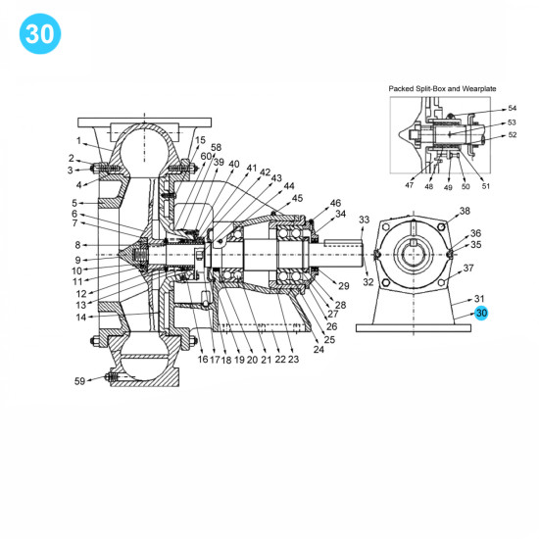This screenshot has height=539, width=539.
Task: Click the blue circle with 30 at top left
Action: coord(39,34)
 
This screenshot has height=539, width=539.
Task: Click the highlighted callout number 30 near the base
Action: coord(480,314)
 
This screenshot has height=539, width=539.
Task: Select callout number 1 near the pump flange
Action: coord(80,140)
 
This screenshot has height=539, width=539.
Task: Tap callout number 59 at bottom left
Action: coord(80,380)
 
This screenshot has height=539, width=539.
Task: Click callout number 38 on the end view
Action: coord(465,211)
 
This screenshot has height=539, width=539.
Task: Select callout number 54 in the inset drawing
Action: coord(511,109)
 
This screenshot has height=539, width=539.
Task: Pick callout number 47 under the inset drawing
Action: coord(409,185)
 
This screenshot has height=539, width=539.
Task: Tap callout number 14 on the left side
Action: coord(80,317)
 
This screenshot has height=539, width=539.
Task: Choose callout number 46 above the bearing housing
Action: coord(335,202)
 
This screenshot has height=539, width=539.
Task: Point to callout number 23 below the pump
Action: coord(293,360)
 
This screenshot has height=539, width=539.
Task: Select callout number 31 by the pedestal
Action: coord(479,298)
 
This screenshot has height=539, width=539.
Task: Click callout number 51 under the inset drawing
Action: coord(486,185)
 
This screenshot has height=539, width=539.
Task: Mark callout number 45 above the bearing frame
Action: coord(298,198)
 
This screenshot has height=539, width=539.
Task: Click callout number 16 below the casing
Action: coord(202,360)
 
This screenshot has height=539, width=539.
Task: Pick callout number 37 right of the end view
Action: coord(468,268)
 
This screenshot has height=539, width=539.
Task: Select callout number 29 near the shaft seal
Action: coord(343,284)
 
